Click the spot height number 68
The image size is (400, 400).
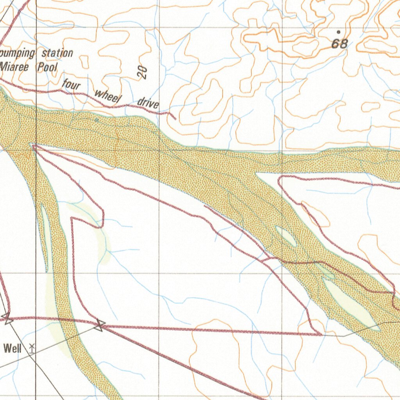pos(339,43)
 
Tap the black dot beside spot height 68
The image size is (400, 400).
pos(338,32)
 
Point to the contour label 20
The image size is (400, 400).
pos(143,72)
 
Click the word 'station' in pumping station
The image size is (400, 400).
pos(57,53)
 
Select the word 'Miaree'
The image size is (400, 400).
pos(15,67)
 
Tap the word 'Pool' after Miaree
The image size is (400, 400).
pos(47,67)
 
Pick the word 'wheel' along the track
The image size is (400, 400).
pos(106,96)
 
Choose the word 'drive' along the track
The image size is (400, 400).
pos(148,103)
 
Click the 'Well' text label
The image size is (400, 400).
pos(12,348)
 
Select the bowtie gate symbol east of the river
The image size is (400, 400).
pos(100,324)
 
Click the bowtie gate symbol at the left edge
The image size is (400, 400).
pos(6,318)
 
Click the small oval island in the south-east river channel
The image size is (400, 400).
pos(286,236)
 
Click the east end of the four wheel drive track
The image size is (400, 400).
pos(175,118)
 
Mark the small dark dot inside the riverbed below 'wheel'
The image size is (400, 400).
pos(96,120)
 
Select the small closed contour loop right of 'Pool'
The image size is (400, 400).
pos(84,61)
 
